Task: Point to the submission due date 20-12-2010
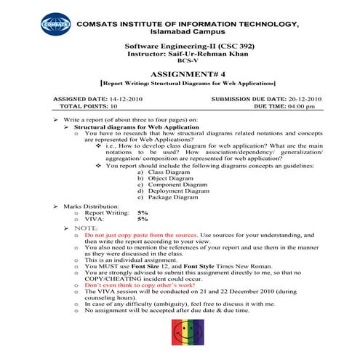click(x=298, y=98)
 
